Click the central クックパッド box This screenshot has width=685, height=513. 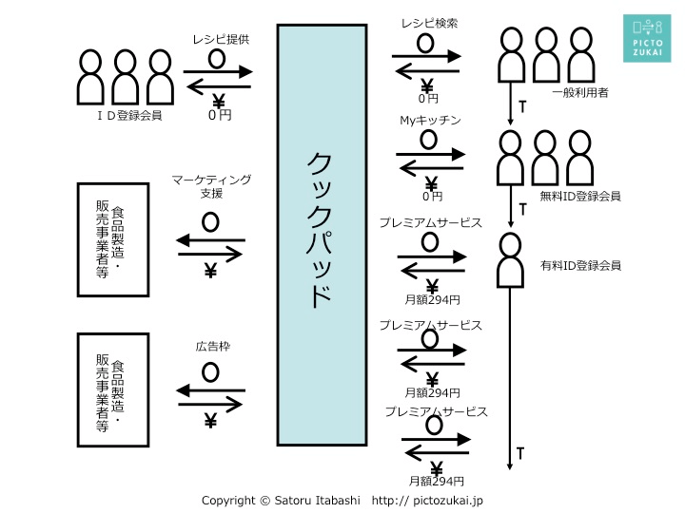(x=322, y=235)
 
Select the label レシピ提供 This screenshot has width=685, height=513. (x=220, y=39)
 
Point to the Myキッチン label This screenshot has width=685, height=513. (x=430, y=121)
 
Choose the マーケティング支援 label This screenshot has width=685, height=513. (x=211, y=185)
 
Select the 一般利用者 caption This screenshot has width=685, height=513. (x=580, y=92)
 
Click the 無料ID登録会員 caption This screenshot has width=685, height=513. (x=580, y=196)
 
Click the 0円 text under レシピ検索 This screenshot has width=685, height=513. (x=429, y=98)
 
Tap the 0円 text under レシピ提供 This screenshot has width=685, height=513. (x=220, y=115)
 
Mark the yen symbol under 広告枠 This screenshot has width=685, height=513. (x=210, y=419)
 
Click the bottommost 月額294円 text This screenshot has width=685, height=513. (x=437, y=481)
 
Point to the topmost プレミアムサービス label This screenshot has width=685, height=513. (x=430, y=223)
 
